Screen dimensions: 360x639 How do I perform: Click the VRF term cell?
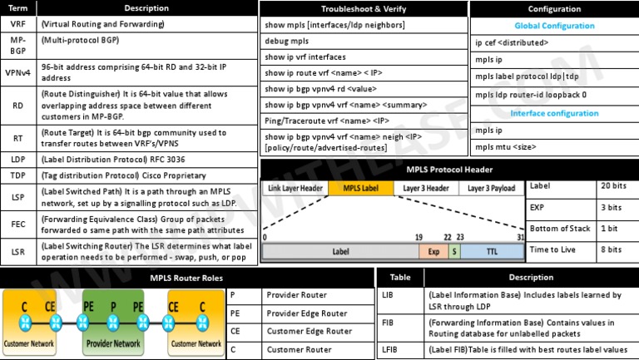click(18, 24)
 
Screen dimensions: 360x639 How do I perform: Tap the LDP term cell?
click(18, 159)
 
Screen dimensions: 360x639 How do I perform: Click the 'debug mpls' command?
click(286, 41)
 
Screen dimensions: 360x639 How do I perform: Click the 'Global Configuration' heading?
click(554, 26)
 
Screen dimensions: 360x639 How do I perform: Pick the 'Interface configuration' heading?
click(554, 113)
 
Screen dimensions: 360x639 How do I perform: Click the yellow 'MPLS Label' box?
click(361, 189)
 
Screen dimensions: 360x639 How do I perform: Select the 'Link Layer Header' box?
click(295, 189)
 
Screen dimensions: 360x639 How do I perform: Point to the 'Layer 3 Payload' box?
click(491, 189)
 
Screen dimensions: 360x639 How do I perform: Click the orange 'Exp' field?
click(433, 250)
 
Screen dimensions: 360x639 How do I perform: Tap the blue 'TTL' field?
click(492, 250)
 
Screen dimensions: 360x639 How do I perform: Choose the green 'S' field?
click(454, 250)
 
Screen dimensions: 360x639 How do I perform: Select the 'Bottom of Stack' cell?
click(560, 228)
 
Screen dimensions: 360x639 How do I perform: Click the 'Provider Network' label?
click(115, 343)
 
